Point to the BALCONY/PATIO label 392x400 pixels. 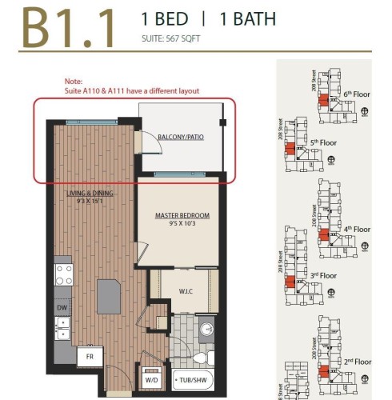[181, 137]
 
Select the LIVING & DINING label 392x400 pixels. [90, 194]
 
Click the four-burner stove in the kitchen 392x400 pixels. [63, 276]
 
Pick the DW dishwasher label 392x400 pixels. [62, 307]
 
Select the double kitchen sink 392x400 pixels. [63, 328]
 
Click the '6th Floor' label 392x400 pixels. [357, 94]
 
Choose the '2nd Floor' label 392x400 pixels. [358, 362]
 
